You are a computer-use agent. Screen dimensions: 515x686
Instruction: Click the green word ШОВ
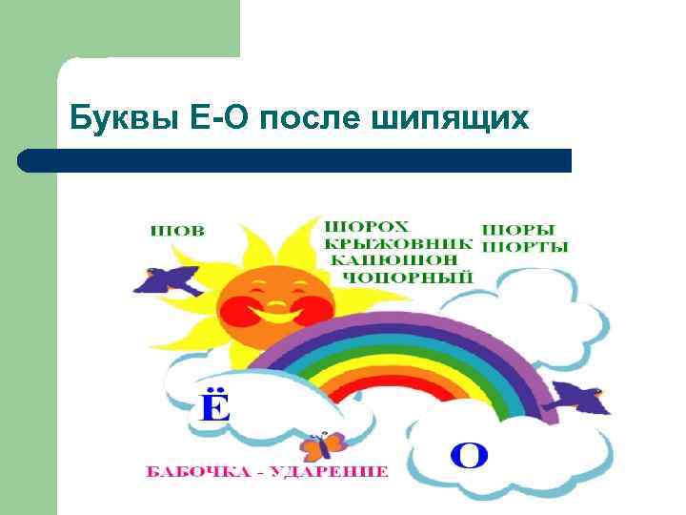(178, 230)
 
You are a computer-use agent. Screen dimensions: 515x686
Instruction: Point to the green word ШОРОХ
(366, 227)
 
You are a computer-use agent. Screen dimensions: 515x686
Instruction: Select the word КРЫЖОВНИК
(397, 243)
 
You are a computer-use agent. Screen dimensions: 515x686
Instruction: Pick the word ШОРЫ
(519, 230)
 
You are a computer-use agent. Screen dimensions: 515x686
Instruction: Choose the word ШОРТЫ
(525, 247)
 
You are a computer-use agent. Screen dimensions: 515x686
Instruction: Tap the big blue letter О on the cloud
(468, 454)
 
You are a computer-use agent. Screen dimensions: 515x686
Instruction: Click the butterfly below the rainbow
(322, 445)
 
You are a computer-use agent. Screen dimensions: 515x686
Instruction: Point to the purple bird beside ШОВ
(169, 279)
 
